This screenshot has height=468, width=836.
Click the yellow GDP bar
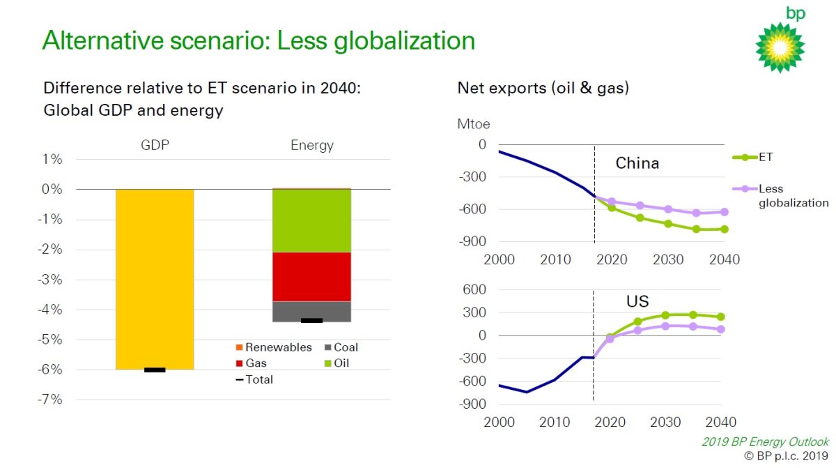point(155,279)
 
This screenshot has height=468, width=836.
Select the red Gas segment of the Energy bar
point(311,276)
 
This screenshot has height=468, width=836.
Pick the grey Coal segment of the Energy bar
point(311,311)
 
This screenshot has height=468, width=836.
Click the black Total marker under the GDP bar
point(155,370)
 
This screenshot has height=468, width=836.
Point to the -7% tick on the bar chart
point(53,400)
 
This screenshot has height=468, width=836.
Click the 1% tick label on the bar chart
point(53,160)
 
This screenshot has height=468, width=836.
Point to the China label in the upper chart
point(637,164)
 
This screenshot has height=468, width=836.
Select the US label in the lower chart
point(637,302)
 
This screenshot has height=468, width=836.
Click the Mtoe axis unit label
point(474,125)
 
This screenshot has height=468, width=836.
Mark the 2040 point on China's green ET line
point(724,229)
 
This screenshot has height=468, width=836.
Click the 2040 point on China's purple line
point(724,212)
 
